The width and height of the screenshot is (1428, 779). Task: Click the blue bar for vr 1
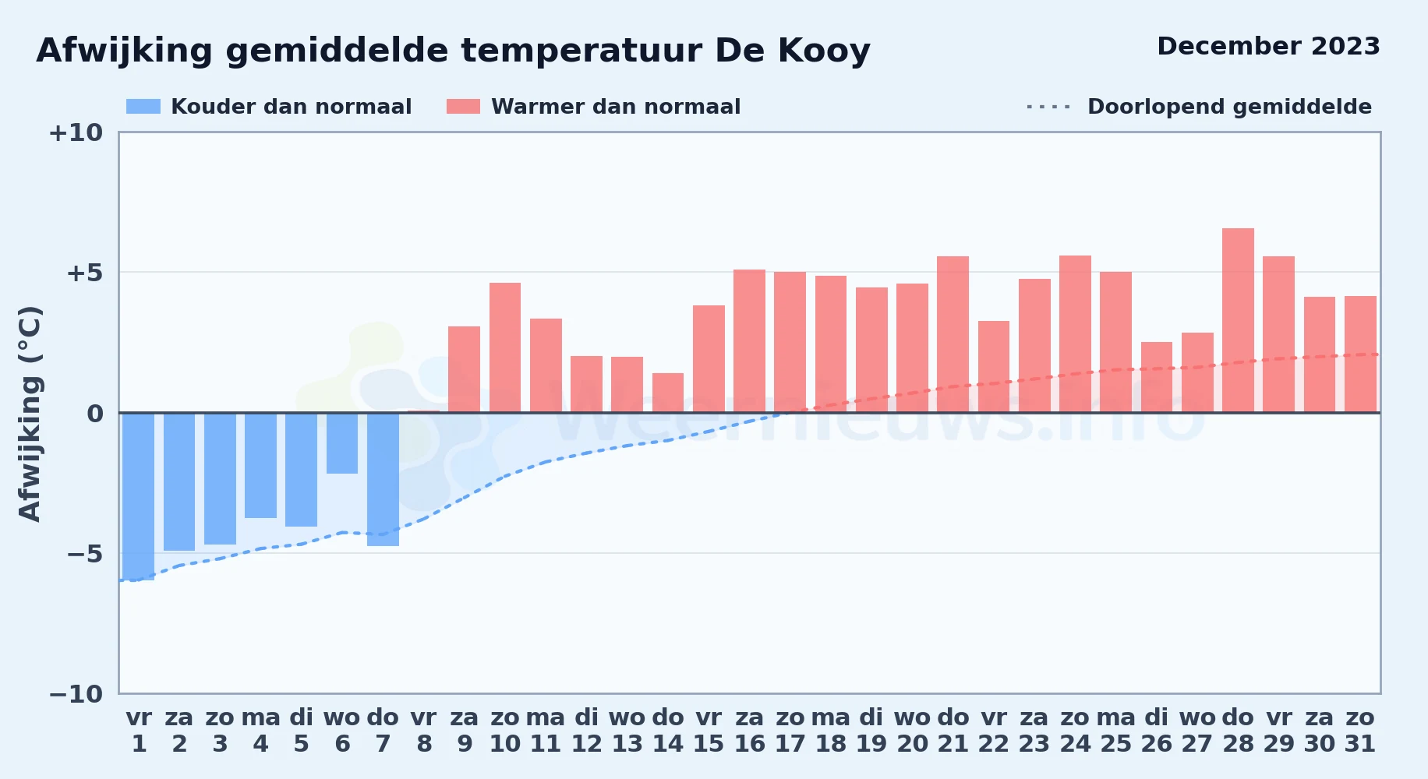click(139, 496)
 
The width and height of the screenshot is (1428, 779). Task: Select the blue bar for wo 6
click(342, 443)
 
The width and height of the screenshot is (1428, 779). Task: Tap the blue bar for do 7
click(383, 479)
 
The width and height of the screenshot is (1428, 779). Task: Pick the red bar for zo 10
click(505, 347)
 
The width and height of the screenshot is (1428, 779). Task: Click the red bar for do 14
click(668, 393)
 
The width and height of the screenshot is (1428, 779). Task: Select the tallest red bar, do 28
click(1238, 320)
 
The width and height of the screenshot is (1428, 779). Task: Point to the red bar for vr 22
click(994, 367)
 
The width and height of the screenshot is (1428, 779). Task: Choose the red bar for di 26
click(1157, 377)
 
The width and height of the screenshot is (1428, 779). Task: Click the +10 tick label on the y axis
click(76, 132)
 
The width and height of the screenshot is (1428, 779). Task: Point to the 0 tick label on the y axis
click(95, 413)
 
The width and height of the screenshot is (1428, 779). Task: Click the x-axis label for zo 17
click(790, 731)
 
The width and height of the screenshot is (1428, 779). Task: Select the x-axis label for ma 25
click(1116, 731)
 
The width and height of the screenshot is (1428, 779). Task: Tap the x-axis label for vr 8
click(424, 731)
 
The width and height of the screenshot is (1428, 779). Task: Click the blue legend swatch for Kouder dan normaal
click(143, 107)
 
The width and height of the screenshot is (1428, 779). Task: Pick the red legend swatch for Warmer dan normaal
click(463, 107)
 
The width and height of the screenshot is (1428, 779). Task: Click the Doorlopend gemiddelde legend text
click(1230, 107)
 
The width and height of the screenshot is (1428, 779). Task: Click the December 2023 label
click(1268, 46)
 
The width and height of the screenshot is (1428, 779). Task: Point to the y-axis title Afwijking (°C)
click(30, 414)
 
